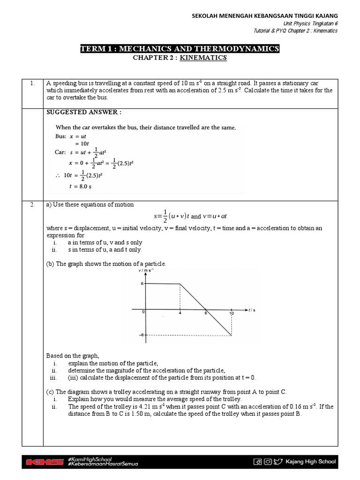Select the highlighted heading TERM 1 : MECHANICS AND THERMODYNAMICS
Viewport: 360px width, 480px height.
tap(180, 49)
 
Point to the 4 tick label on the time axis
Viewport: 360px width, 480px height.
tap(180, 314)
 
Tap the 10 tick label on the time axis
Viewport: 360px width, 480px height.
tap(232, 314)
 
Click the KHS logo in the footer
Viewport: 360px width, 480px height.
tap(45, 462)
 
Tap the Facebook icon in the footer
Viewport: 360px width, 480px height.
tap(257, 462)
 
